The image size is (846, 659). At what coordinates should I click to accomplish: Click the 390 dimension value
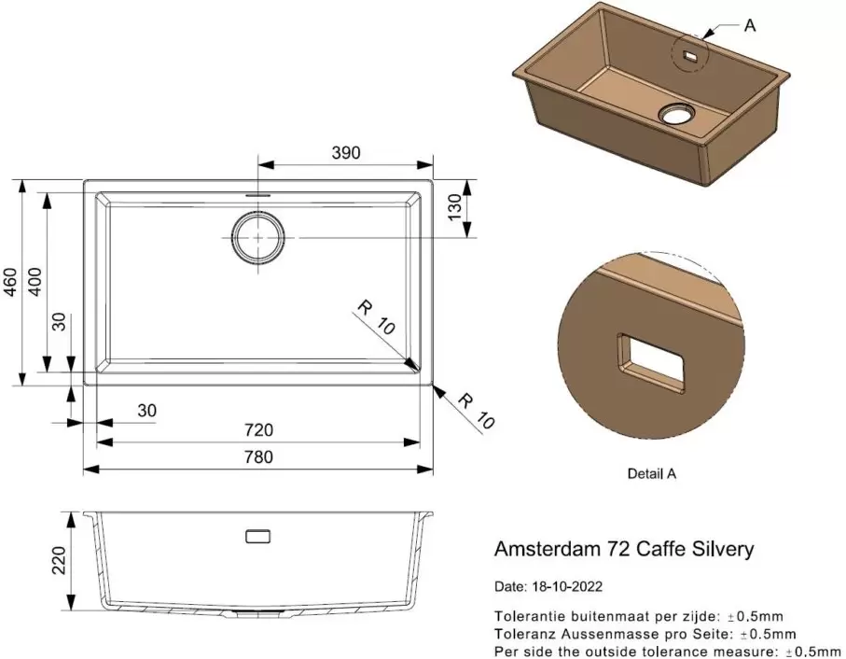(x=346, y=153)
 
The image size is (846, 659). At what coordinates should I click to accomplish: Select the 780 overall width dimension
(x=259, y=456)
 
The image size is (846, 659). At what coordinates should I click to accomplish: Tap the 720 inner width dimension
(x=259, y=429)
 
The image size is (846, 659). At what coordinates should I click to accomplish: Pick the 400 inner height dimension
(x=35, y=281)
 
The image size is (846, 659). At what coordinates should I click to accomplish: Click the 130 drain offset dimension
(x=455, y=207)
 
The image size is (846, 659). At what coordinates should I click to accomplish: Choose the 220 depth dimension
(x=59, y=560)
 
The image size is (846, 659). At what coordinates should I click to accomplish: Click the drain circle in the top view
(x=257, y=237)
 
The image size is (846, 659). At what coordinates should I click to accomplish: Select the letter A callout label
(x=750, y=25)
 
